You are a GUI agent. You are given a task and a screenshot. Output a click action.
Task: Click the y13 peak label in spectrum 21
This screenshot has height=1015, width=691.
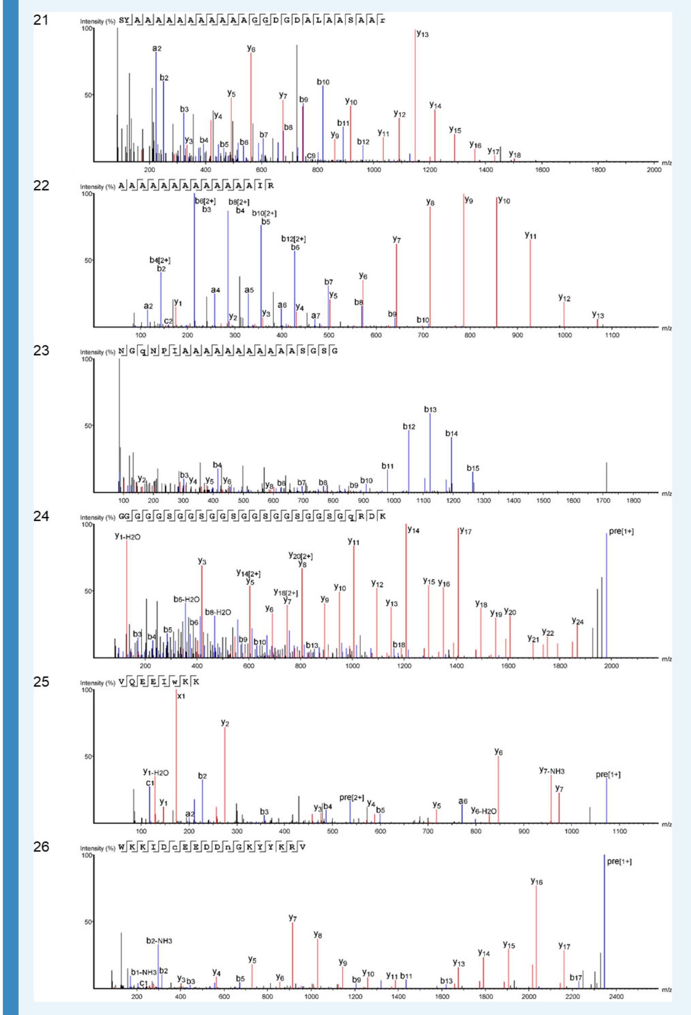point(422,34)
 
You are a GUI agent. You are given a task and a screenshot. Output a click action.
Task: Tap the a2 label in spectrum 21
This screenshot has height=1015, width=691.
point(157,49)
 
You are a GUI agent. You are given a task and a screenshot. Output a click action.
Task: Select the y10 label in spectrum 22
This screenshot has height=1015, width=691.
point(504,201)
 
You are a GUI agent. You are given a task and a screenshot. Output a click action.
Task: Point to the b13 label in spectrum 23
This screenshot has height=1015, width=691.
point(430,410)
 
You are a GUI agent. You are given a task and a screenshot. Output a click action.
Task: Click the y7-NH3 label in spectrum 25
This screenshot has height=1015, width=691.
point(552,771)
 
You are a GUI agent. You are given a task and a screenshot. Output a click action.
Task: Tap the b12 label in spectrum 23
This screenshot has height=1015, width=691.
point(409,427)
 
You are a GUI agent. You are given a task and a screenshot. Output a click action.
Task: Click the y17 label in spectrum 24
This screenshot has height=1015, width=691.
point(466,531)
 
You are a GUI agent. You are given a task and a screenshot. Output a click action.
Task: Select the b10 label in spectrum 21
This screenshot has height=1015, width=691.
point(323,82)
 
